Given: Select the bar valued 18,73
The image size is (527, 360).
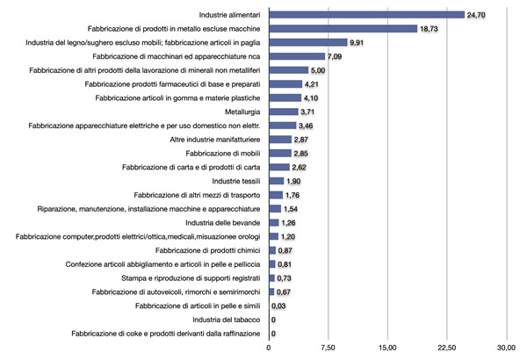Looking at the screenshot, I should click(343, 29).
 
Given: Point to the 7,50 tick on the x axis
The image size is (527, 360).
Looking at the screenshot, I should click(328, 347).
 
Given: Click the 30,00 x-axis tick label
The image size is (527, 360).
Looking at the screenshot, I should click(506, 347).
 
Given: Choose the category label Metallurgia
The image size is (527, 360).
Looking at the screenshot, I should click(239, 112).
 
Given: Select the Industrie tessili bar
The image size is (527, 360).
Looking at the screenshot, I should click(276, 181).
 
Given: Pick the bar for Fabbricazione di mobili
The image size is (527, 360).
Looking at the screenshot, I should click(279, 154).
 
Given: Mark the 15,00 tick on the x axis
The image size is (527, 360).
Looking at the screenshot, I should click(387, 347).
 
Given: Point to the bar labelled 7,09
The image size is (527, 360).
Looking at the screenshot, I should click(297, 56).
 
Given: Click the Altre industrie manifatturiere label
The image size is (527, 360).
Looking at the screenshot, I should click(214, 140).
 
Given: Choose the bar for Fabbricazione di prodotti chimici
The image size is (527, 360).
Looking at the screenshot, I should click(272, 250).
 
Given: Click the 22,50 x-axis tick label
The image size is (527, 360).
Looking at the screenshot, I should click(447, 347).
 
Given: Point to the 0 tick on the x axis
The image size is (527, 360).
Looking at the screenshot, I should click(269, 347).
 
